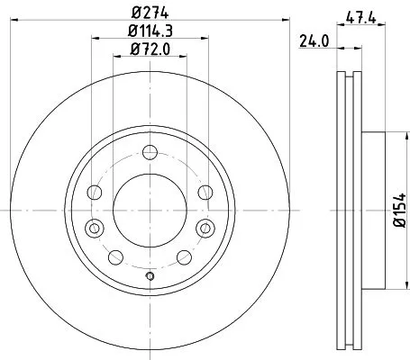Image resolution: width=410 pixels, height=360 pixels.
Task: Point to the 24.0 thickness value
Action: pyautogui.click(x=311, y=40)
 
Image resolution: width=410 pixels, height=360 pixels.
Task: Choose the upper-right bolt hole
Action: pyautogui.click(x=205, y=190)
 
